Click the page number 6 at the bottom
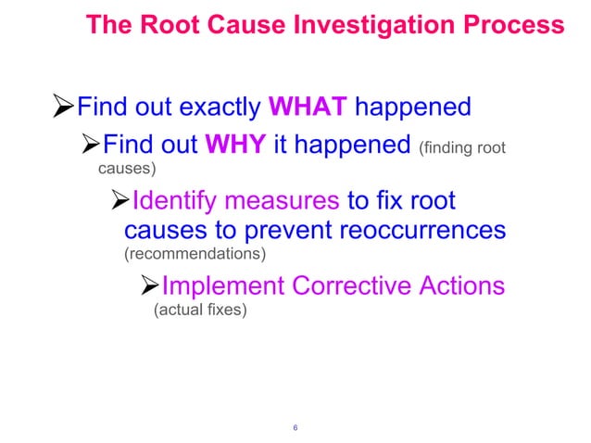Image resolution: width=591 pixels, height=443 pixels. click(x=295, y=427)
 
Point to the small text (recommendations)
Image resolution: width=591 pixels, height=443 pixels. click(x=195, y=253)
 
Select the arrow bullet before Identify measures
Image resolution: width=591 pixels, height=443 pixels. click(x=117, y=201)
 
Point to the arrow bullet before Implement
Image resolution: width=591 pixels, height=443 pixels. click(x=146, y=285)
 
